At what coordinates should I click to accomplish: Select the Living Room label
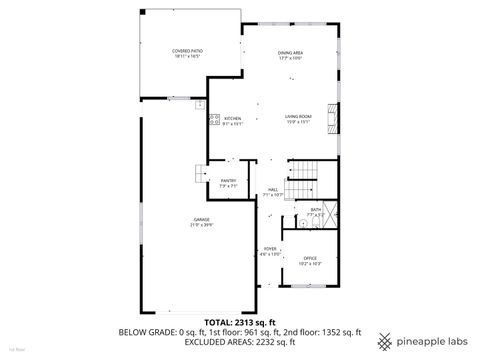[x=299, y=119]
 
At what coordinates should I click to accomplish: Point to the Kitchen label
[x=233, y=121]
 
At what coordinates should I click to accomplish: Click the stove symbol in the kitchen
[x=214, y=120]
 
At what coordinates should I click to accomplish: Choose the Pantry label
[x=227, y=183]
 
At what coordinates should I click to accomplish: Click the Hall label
[x=273, y=191]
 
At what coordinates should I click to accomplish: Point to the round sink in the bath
[x=301, y=224]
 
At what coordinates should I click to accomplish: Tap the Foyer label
[x=270, y=252]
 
